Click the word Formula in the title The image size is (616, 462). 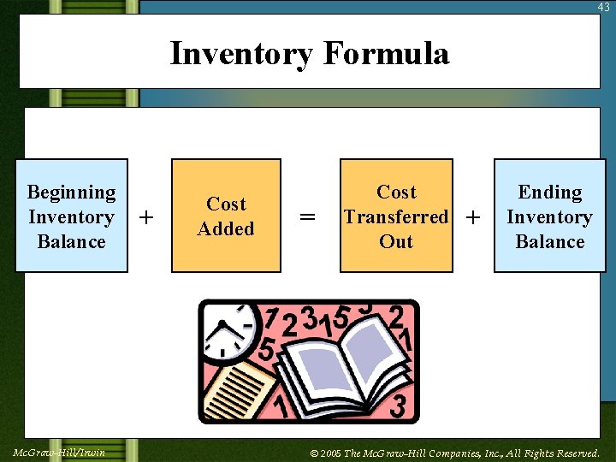[x=386, y=54]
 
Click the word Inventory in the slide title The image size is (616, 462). [x=242, y=54]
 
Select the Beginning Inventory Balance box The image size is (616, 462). [x=72, y=216]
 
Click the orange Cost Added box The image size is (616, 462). [x=226, y=216]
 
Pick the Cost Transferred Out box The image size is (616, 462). [x=396, y=216]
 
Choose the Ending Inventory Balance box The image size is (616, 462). [x=549, y=216]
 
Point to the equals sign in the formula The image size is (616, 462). [x=308, y=218]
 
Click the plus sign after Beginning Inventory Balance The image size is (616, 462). [x=146, y=218]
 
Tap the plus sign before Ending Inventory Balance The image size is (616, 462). [x=472, y=218]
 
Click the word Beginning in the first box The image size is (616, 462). [x=72, y=192]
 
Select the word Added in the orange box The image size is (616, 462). [x=226, y=228]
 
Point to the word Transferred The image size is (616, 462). [x=396, y=217]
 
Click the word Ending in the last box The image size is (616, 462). [x=550, y=192]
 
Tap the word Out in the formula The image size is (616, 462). [x=396, y=241]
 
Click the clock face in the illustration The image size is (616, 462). [x=228, y=330]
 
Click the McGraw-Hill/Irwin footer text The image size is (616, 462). [x=60, y=452]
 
